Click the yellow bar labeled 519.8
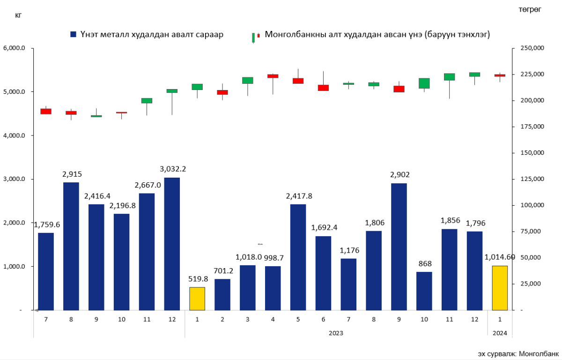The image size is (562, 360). (197, 299)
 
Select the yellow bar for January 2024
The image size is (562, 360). (500, 288)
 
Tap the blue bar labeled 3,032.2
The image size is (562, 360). (172, 244)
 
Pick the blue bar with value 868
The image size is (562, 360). (424, 291)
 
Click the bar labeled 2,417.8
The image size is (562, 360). (298, 257)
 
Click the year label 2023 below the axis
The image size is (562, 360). (336, 333)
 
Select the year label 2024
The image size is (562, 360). (500, 333)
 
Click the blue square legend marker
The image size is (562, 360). (73, 35)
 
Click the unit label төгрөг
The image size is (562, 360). (530, 9)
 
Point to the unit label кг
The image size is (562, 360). (18, 15)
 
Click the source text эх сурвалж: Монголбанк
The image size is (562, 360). (518, 353)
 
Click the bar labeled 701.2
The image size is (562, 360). (222, 294)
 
